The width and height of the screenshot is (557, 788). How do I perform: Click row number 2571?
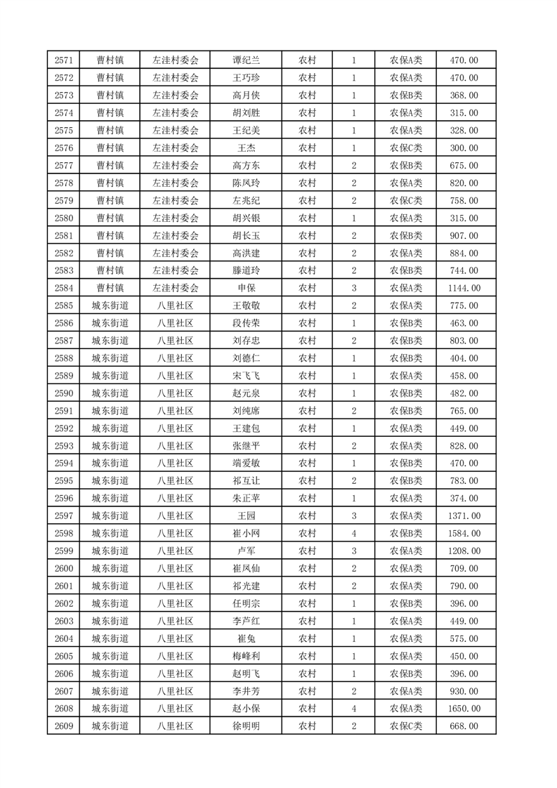(63, 60)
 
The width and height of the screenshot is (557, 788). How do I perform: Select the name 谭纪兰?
(246, 60)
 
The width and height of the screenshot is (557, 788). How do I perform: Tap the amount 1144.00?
(464, 288)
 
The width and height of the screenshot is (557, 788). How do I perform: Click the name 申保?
(246, 288)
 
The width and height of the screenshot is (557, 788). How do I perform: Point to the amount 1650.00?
(464, 709)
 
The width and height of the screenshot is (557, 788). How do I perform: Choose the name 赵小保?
(246, 709)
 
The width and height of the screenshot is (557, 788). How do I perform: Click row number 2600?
(63, 568)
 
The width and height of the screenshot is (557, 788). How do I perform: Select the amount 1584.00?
(464, 533)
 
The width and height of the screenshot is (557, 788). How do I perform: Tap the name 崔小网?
(246, 533)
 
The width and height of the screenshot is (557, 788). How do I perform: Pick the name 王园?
(246, 516)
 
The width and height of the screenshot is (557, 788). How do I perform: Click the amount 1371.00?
(464, 516)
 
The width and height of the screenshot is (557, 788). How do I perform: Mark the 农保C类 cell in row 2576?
(406, 148)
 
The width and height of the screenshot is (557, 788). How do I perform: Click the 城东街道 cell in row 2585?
(110, 306)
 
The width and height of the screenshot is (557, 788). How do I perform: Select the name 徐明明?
(246, 726)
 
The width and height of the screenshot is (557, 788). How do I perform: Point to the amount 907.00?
(464, 235)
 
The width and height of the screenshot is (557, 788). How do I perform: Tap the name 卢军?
(246, 551)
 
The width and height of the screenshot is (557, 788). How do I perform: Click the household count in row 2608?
(353, 709)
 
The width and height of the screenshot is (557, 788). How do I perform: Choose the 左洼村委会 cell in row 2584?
(175, 288)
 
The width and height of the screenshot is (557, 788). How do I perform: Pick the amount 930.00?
(464, 691)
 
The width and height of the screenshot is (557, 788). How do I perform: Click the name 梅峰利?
(246, 656)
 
